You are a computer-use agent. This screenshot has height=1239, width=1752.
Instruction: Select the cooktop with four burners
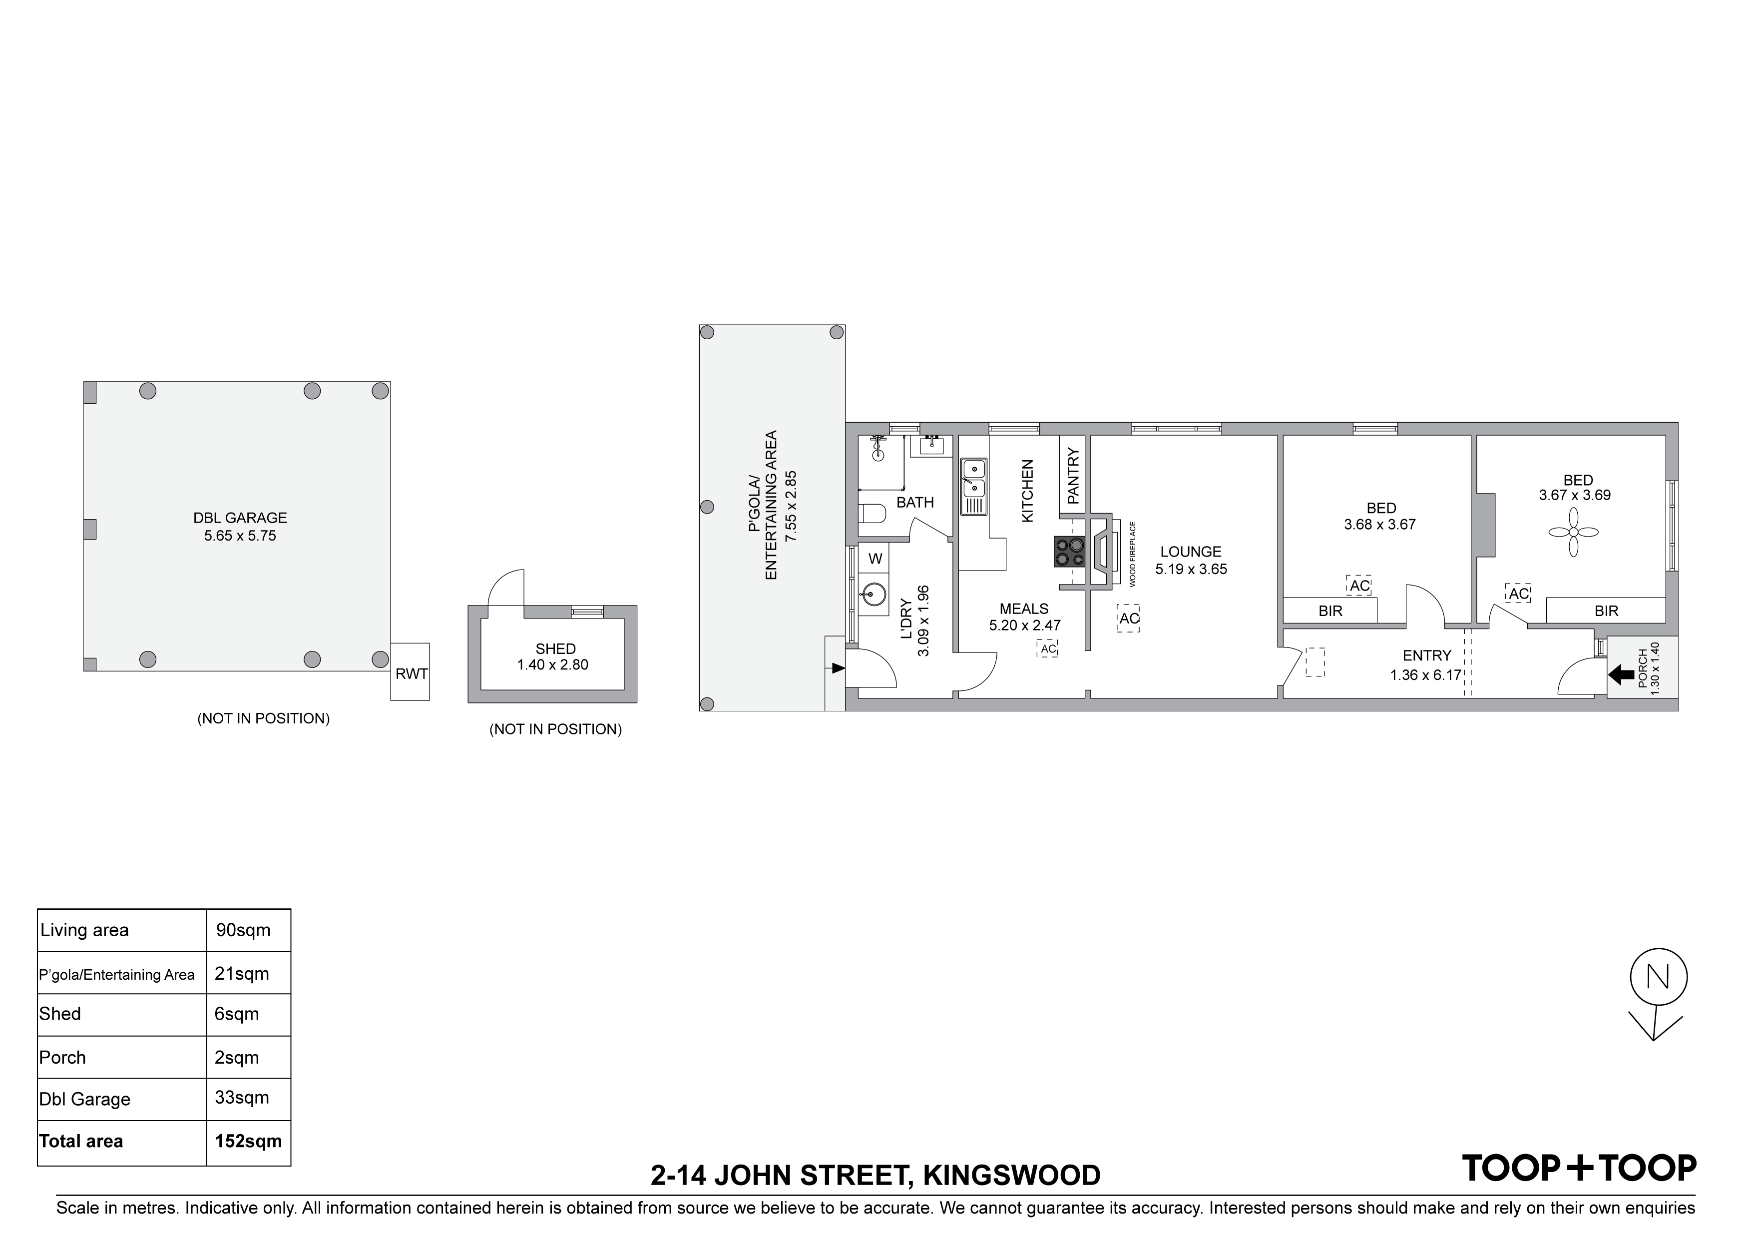[1070, 552]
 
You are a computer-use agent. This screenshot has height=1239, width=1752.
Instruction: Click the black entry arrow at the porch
[1621, 675]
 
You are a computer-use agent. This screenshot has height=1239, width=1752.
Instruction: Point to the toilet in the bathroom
[872, 512]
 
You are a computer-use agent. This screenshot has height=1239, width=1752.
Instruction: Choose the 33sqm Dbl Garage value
[242, 1097]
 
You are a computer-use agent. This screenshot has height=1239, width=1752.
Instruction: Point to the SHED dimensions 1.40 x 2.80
[552, 665]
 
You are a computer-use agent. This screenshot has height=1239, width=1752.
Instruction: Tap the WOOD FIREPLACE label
[1133, 554]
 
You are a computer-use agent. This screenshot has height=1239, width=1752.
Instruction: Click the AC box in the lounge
[1129, 619]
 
